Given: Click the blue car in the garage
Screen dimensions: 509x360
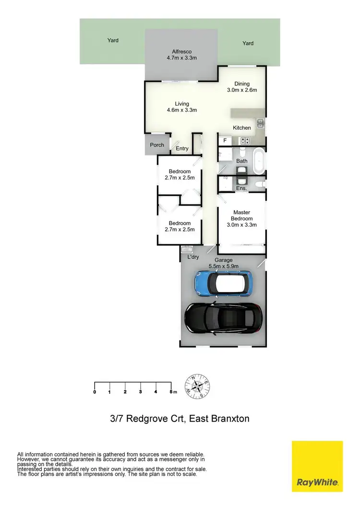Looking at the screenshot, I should (223, 284).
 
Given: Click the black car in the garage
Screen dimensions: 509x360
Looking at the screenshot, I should (224, 317).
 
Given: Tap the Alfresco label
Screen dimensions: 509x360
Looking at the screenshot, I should (182, 52).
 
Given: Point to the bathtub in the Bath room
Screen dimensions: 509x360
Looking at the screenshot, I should (259, 162).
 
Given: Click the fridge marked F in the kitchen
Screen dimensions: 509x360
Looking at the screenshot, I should (225, 141).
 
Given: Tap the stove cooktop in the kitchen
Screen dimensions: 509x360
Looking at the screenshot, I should (245, 141).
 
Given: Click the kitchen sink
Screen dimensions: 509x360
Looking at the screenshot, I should (260, 124).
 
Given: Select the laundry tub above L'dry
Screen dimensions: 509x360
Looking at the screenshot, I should (187, 249).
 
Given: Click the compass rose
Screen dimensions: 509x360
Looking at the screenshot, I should (198, 387).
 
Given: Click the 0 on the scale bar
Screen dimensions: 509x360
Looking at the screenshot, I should (95, 392).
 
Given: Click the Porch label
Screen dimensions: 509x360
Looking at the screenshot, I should (157, 145).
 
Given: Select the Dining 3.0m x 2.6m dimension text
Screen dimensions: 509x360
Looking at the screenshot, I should (242, 90).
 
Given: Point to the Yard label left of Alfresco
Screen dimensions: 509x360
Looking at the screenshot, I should (113, 41).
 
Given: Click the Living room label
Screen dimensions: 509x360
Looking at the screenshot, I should (182, 104).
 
